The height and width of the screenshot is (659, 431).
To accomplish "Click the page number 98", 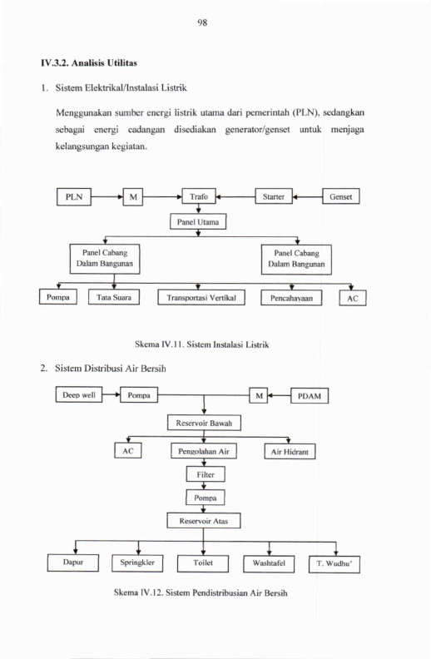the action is coord(202,22).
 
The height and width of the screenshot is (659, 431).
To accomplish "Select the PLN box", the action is coord(74,196).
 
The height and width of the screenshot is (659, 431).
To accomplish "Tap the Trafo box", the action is coord(199,196).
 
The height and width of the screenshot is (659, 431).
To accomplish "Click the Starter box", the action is coord(274,196).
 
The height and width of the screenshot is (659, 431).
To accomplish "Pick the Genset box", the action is coord(340,196).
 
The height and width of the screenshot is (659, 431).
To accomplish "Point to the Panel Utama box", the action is coord(198,221).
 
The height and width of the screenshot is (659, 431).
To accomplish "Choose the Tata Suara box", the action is coord(114,297).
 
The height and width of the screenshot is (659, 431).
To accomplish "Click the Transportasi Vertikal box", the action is coord(201,298).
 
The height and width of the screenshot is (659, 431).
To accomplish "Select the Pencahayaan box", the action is coord(291,298).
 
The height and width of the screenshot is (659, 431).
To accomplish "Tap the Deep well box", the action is coord(79,394).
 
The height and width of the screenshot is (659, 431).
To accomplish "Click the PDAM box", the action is coord(310,396).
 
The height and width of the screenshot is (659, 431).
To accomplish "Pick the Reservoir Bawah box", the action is coord(204,423).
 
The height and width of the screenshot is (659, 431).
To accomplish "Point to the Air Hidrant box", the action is coord(290,452).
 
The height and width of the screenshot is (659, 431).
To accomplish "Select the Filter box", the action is coord(206,474).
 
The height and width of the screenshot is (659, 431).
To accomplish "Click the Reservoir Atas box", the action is coord(204,521).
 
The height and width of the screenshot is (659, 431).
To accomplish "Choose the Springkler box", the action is coord(137,563).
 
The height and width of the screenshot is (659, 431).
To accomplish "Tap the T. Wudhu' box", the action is coord(334,564).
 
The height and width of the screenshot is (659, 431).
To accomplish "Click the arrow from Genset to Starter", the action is coord(308,196).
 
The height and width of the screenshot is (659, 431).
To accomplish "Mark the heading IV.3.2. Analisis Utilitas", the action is coord(89,63).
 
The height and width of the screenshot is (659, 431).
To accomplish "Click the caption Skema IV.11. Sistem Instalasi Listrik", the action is coord(201,344).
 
